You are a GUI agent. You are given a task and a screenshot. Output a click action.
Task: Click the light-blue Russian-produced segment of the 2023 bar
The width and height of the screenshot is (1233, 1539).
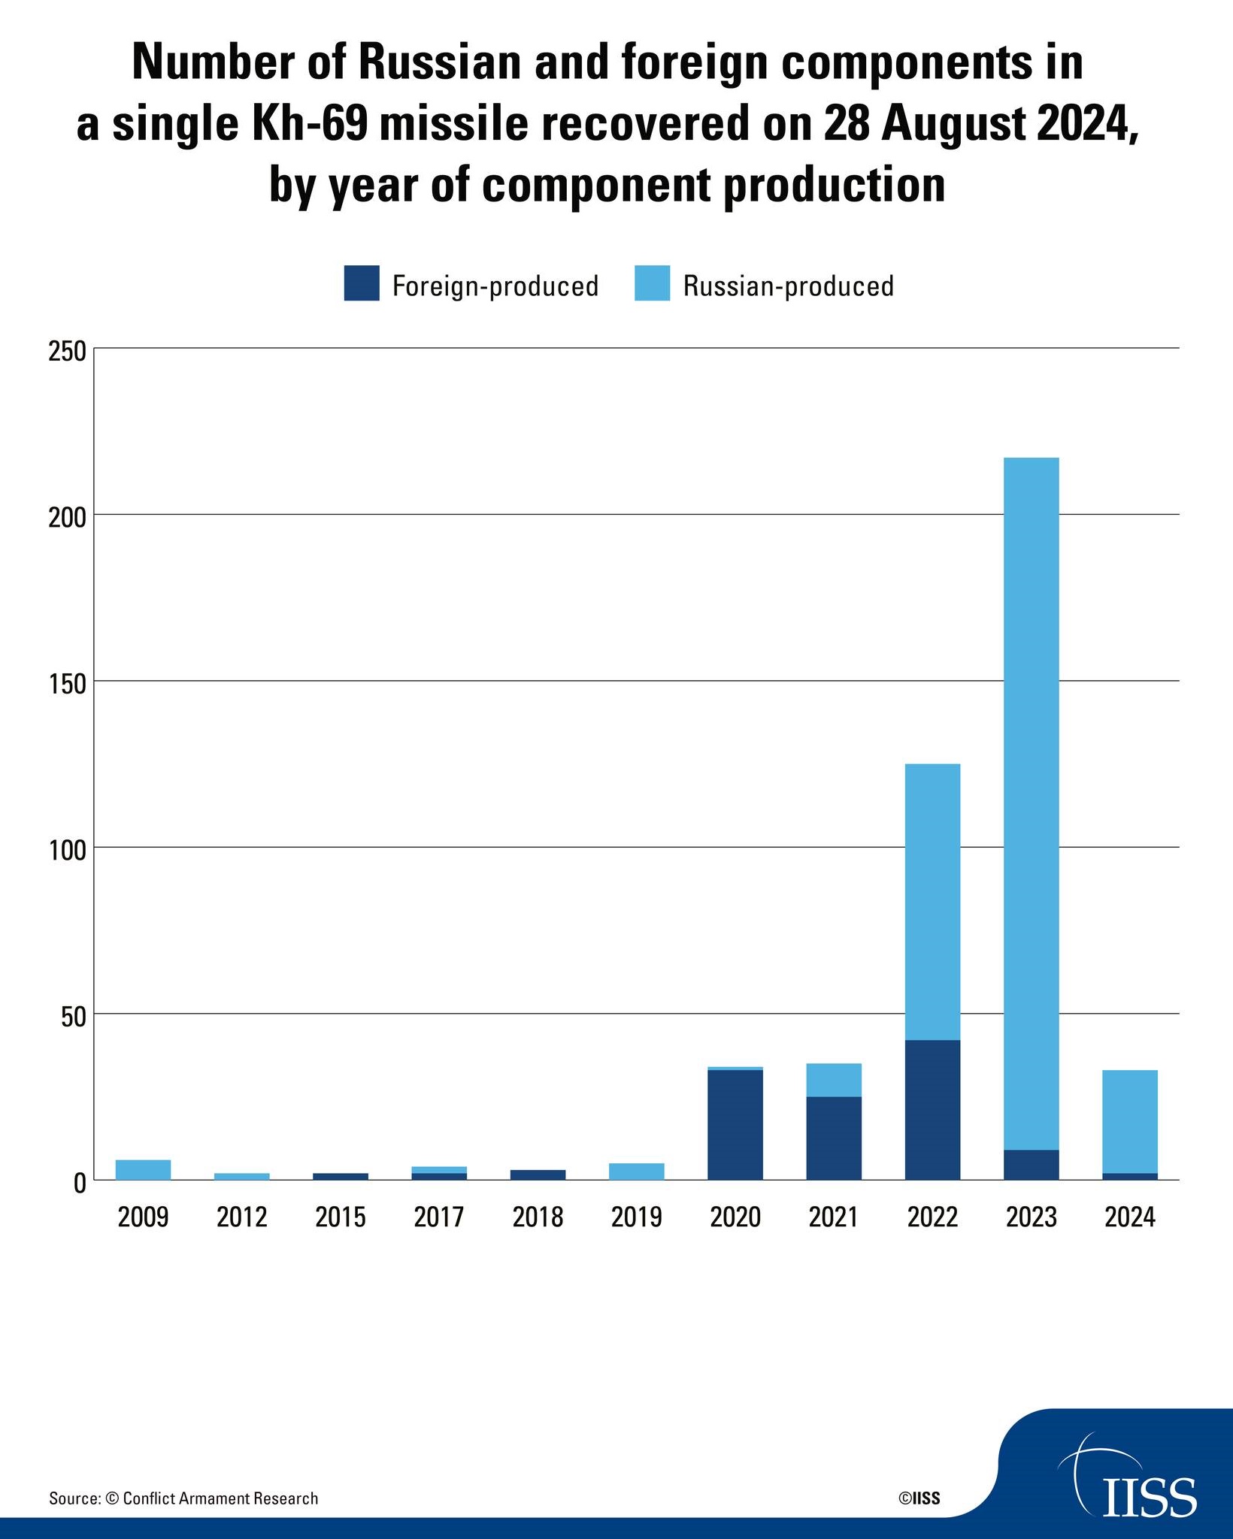1031,803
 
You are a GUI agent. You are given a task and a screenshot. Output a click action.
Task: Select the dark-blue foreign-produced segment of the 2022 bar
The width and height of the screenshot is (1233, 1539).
932,1110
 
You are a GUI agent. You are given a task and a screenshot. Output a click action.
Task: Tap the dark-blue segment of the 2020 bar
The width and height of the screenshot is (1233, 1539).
735,1125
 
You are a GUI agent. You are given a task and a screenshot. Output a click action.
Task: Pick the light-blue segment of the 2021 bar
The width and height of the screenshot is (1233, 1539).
834,1080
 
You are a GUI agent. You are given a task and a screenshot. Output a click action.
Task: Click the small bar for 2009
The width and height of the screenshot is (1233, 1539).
143,1170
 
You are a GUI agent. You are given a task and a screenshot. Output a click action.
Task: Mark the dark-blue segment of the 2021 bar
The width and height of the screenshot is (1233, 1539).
834,1138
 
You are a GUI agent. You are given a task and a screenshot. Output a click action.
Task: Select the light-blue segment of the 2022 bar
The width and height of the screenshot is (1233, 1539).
932,902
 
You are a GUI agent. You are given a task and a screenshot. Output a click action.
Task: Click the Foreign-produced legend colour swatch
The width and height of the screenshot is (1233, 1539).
362,283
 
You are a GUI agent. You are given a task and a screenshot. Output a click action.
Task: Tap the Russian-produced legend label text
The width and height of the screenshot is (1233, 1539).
788,286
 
